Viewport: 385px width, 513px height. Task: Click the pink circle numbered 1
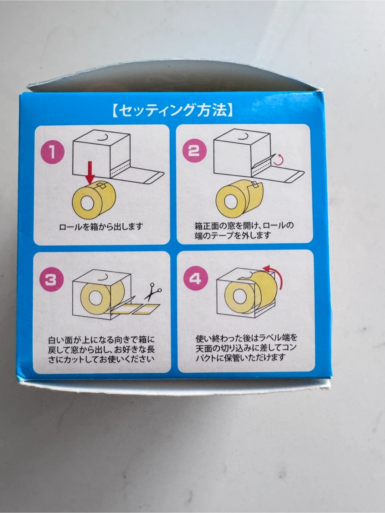point(52,152)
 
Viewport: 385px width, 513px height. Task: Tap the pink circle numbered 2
point(194,151)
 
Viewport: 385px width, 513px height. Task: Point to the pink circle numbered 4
point(195,278)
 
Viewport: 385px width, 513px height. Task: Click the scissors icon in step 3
point(153,292)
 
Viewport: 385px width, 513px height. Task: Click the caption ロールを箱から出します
point(101,227)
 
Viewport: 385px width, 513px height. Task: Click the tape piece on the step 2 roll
point(257,185)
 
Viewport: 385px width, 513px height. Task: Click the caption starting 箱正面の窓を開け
point(244,230)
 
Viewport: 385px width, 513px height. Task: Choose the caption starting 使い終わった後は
point(246,348)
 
